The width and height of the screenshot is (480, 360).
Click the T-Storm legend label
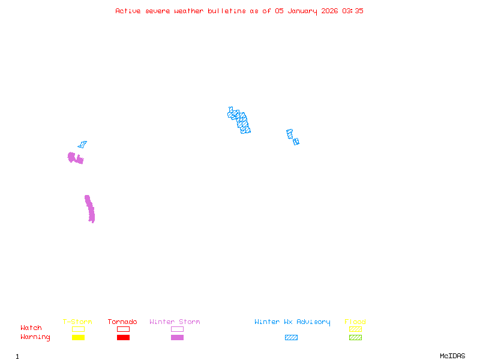tap(77, 322)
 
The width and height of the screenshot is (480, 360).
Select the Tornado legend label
tap(122, 322)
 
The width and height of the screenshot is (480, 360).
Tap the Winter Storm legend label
tap(175, 322)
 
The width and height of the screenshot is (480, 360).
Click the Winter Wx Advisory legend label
tap(292, 322)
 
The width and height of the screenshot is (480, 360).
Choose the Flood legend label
tap(355, 322)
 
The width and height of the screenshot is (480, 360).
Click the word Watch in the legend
tap(31, 328)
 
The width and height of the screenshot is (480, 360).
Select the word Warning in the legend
tap(35, 337)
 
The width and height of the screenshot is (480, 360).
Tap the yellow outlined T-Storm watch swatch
tap(78, 329)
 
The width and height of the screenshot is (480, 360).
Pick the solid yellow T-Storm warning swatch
tap(78, 338)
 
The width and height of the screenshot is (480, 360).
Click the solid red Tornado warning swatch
tap(123, 338)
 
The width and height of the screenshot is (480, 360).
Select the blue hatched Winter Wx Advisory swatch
tap(291, 338)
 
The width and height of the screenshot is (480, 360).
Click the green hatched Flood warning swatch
tap(355, 338)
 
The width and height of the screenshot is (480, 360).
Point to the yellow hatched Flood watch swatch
tap(355, 329)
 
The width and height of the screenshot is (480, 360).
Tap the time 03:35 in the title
tap(353, 11)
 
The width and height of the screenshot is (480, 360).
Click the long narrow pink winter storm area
tap(90, 209)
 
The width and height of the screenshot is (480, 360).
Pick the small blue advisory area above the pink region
tap(82, 145)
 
